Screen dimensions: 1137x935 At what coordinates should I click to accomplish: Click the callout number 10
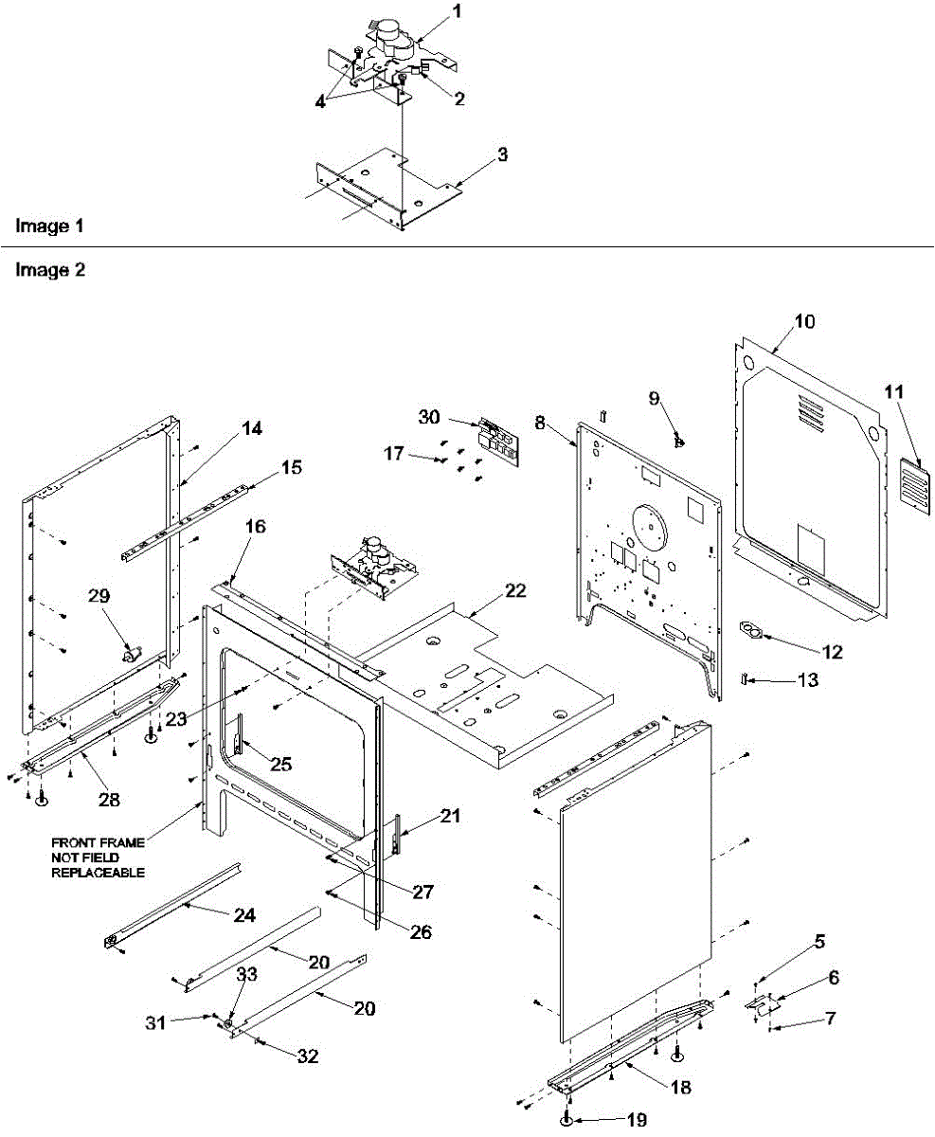[802, 321]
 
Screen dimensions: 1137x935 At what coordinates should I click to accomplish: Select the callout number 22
[514, 589]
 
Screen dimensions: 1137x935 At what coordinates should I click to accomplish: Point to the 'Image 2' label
[50, 269]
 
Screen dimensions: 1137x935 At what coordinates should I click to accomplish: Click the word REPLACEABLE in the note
[98, 873]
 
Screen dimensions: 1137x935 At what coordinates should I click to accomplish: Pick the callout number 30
[429, 416]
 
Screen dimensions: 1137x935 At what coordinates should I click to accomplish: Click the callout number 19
[637, 1120]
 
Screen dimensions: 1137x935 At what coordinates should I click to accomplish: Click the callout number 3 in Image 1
[502, 154]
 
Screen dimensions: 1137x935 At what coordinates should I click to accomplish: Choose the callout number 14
[251, 428]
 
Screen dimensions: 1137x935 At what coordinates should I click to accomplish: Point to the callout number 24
[244, 915]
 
